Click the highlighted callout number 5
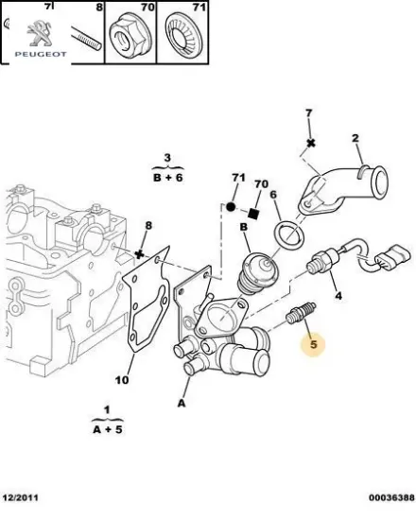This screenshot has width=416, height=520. pos(314,344)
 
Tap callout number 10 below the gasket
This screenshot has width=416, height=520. pos(122,379)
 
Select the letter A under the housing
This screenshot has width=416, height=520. pos(182,404)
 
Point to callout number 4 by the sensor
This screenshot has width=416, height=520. pos(338,295)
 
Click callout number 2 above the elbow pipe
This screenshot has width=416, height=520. pos(355,138)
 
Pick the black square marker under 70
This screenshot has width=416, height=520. pos(253,214)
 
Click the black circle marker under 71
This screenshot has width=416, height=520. pos(231,207)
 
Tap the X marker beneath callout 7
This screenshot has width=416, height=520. pos(311,143)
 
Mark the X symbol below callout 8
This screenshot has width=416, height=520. pos(140,254)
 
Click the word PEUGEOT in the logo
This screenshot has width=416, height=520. pos(41,54)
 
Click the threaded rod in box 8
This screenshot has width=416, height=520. pos(86,39)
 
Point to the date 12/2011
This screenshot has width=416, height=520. pos(21,497)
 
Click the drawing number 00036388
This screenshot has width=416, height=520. pos(391,497)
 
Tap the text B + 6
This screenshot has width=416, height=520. pos(168,178)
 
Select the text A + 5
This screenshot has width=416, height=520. pos(108,429)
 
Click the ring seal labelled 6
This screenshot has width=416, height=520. pos(289,234)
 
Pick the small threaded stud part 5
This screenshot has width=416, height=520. pos(301,314)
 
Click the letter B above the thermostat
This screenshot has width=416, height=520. pos(244,227)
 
